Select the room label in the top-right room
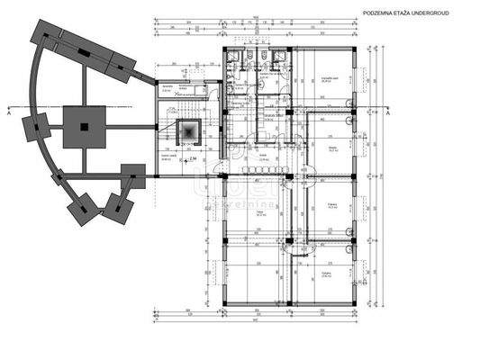tap(330, 80)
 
